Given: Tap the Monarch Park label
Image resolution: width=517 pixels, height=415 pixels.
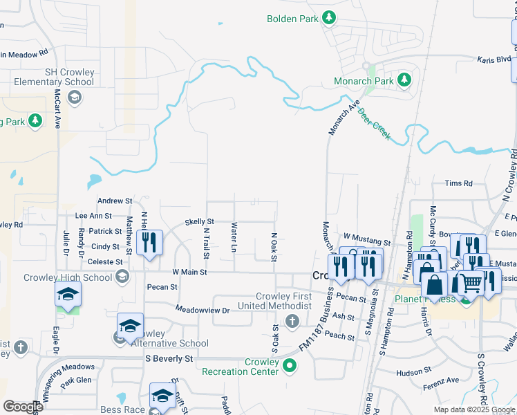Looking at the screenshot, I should (364, 81).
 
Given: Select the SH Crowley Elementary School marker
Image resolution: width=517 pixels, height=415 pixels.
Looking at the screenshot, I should (75, 98).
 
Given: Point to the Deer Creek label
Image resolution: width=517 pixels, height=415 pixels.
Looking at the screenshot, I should (374, 124).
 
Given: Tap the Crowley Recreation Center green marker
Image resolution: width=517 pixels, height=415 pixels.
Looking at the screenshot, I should (290, 365).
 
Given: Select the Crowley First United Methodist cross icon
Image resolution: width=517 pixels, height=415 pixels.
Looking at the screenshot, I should (292, 321).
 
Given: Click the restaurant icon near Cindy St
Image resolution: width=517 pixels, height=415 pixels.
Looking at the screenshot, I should (149, 242).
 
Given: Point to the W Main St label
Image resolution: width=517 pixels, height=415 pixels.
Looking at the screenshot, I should (189, 273).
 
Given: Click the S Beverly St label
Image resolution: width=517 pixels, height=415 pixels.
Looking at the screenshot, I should (169, 359).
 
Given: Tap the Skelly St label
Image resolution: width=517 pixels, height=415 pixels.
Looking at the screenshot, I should (200, 221).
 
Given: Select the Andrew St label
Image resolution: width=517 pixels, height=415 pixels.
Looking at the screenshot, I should (114, 201).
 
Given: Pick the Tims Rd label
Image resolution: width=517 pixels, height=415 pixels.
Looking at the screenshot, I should (458, 183).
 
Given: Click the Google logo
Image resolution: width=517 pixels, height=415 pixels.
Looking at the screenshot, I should (23, 406).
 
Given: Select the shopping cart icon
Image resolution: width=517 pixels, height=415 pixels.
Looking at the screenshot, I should (470, 283).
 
